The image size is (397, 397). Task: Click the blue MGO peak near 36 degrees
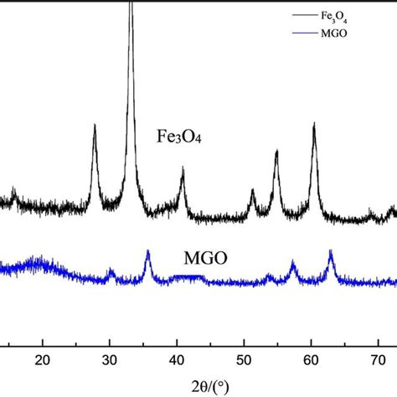[148, 252]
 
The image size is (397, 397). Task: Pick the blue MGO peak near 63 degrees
[331, 252]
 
